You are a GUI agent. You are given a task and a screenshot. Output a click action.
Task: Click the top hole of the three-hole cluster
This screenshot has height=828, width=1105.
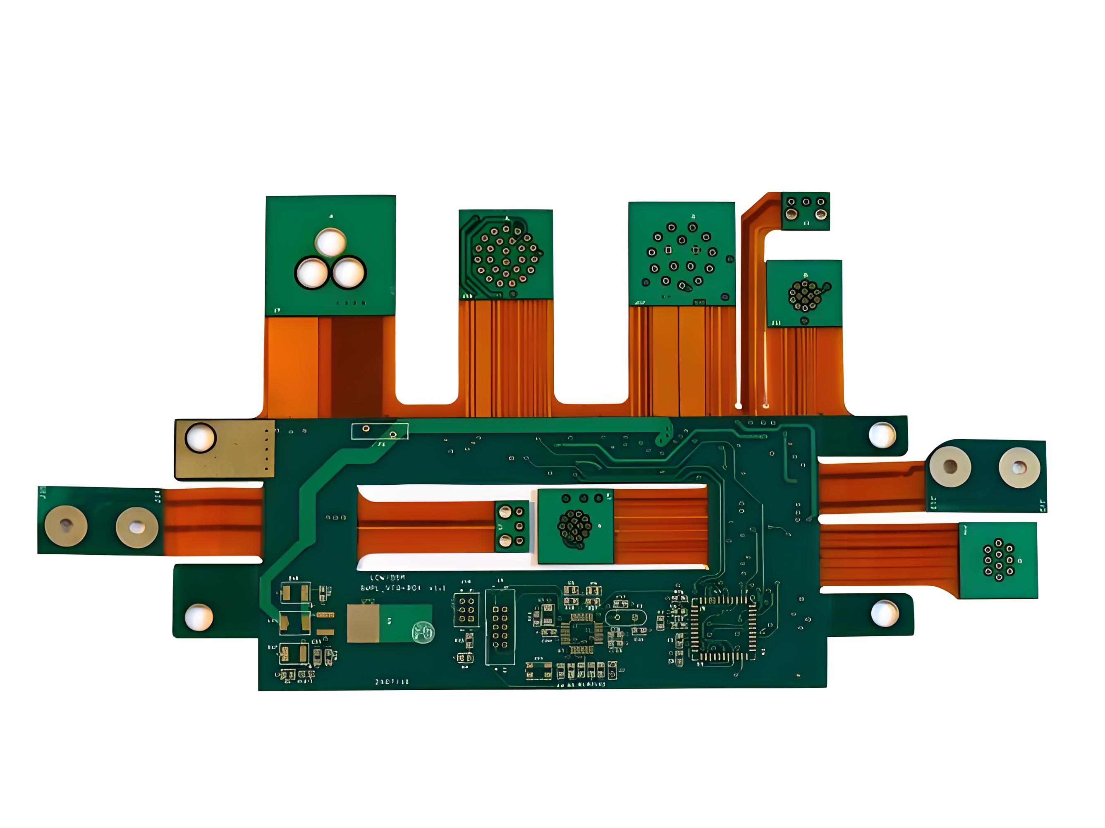point(330,242)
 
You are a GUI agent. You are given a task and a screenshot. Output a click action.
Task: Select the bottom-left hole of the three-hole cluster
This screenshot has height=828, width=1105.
point(312,273)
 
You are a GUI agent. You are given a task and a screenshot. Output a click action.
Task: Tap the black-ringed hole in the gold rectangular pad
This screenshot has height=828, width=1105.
point(200,438)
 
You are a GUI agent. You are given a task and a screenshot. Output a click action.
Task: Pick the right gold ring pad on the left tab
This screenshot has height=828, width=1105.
point(137,527)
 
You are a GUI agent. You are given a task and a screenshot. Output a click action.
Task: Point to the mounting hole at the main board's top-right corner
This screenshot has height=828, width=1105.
point(882,435)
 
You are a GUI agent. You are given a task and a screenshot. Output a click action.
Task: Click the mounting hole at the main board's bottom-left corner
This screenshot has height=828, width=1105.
point(199,617)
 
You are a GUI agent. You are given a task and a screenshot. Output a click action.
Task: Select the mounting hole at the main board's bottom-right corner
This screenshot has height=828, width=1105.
point(885,614)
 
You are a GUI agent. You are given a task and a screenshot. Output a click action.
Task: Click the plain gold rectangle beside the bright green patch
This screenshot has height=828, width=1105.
point(363,623)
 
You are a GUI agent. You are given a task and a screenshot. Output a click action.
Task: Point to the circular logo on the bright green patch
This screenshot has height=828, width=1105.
point(423,631)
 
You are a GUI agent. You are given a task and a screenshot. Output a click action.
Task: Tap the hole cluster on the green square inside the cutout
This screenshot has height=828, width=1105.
point(574,527)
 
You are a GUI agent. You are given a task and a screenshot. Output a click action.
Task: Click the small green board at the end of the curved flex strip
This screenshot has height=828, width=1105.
point(805,210)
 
